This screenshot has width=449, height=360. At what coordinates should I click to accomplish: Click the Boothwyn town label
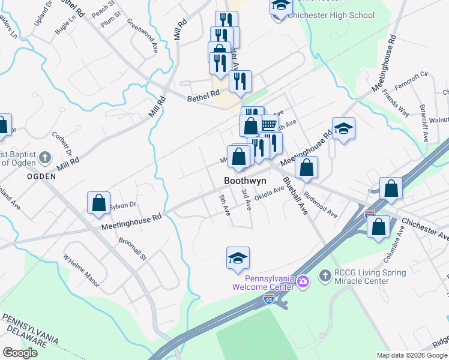245,180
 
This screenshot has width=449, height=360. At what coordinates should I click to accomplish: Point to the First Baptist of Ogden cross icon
44,158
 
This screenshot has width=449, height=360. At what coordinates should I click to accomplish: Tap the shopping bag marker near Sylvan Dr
98,203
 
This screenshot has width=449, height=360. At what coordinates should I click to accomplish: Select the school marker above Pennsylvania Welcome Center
238,258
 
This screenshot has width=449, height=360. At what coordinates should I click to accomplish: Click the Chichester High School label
331,15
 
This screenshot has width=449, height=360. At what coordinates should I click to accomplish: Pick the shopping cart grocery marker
268,123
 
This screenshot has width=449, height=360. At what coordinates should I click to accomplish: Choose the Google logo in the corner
20,352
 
